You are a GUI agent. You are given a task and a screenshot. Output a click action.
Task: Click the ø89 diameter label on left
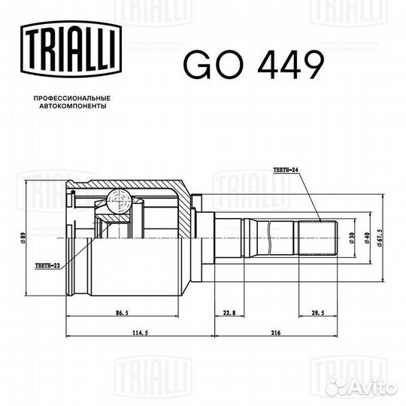[25, 239]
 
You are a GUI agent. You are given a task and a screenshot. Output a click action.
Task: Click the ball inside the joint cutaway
[117, 200]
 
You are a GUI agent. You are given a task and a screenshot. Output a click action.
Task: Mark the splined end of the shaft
[316, 239]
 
